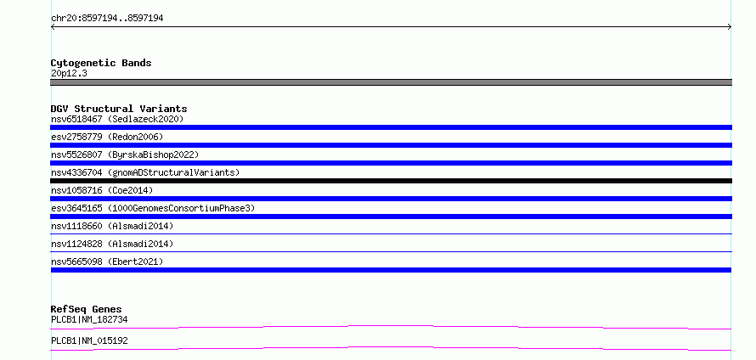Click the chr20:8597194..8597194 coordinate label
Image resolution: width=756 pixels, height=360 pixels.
pyautogui.click(x=107, y=19)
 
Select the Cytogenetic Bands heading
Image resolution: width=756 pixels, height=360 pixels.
pyautogui.click(x=101, y=63)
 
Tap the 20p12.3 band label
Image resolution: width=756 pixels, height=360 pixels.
pyautogui.click(x=69, y=74)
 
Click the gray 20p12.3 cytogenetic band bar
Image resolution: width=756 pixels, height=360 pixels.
pyautogui.click(x=391, y=82)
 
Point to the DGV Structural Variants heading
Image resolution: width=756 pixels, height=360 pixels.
pyautogui.click(x=119, y=109)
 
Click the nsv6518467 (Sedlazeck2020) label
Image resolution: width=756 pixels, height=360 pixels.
pyautogui.click(x=117, y=119)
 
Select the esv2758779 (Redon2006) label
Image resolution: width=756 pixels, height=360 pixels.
pyautogui.click(x=107, y=137)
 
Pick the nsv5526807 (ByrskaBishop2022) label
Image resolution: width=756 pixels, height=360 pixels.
pyautogui.click(x=125, y=155)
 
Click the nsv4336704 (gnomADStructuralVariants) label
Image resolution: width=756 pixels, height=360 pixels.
pyautogui.click(x=145, y=172)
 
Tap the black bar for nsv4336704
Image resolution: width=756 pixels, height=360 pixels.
pyautogui.click(x=391, y=181)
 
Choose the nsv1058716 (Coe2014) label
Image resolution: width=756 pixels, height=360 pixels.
pyautogui.click(x=102, y=190)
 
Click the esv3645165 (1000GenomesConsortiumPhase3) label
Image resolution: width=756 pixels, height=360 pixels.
pyautogui.click(x=153, y=208)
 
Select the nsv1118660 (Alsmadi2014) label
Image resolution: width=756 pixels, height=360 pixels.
pyautogui.click(x=112, y=226)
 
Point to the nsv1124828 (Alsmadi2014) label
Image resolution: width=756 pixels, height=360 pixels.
pyautogui.click(x=112, y=244)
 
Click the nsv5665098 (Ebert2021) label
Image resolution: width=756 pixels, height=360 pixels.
pyautogui.click(x=107, y=262)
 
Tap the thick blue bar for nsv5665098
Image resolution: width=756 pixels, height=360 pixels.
pyautogui.click(x=391, y=270)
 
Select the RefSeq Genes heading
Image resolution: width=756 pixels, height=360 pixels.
pyautogui.click(x=86, y=309)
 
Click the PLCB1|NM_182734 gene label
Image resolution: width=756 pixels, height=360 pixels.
pyautogui.click(x=89, y=319)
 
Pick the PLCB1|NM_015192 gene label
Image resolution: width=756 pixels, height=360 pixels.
pyautogui.click(x=89, y=340)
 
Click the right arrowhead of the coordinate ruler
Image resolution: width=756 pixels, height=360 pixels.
pyautogui.click(x=731, y=27)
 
